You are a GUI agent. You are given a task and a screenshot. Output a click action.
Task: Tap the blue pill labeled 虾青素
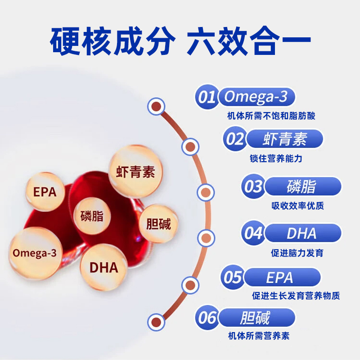click(284, 139)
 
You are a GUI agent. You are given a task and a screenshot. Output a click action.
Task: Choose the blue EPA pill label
click(279, 277)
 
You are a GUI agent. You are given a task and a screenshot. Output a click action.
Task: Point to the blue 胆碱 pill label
click(255, 318)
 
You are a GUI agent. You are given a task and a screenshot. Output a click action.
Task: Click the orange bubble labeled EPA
click(45, 192)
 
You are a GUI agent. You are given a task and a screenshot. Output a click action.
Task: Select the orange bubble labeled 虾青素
click(135, 171)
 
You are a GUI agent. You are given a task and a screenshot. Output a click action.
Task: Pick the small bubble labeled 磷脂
click(92, 216)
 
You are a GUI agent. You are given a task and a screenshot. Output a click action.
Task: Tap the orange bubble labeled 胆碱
click(158, 224)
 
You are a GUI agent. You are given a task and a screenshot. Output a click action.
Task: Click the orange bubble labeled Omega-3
click(35, 253)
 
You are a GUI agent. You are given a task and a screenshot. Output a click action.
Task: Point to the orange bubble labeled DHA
click(103, 267)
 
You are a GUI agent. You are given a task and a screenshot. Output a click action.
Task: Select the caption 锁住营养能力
click(282, 159)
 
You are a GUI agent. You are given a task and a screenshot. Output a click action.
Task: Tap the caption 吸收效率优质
click(297, 206)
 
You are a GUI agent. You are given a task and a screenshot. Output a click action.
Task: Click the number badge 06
click(208, 318)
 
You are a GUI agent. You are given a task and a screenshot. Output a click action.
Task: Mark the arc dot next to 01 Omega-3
click(156, 107)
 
